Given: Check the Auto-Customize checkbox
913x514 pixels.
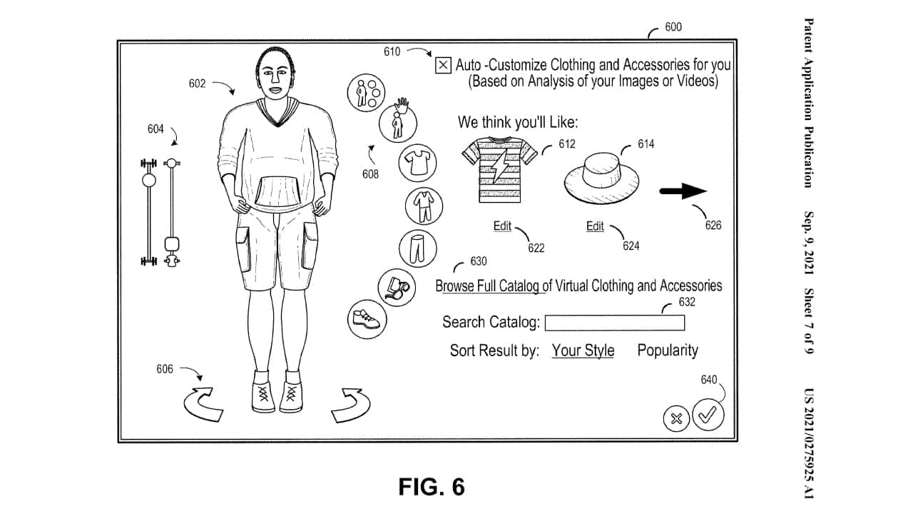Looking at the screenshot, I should coord(443,66).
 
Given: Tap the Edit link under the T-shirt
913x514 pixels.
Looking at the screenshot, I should coord(502,226).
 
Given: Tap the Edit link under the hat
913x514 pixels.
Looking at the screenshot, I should coord(595,226).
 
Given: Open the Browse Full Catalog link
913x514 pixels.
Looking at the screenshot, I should coord(488,286).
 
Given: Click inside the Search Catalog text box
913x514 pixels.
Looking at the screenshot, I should coord(614,323).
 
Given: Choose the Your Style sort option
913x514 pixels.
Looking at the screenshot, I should coord(583,351).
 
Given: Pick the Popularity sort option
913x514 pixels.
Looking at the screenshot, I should coord(668,351).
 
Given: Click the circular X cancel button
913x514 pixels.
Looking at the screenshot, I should coord(676,418).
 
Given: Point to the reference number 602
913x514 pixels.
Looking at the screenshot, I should coord(197,84).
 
